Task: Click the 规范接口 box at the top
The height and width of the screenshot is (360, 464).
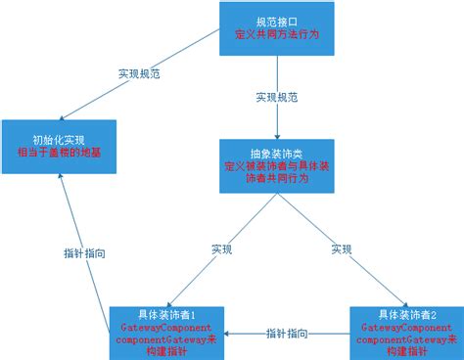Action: (x=277, y=27)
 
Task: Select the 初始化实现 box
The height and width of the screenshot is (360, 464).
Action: (x=59, y=147)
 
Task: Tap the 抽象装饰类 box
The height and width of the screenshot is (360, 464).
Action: (x=277, y=163)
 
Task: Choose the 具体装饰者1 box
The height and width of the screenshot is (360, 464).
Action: (x=165, y=331)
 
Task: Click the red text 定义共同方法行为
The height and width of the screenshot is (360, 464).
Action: (x=277, y=34)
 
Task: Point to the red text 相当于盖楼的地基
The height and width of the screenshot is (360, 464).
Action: (x=59, y=153)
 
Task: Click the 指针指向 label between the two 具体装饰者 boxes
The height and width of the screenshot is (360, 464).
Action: (x=286, y=333)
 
